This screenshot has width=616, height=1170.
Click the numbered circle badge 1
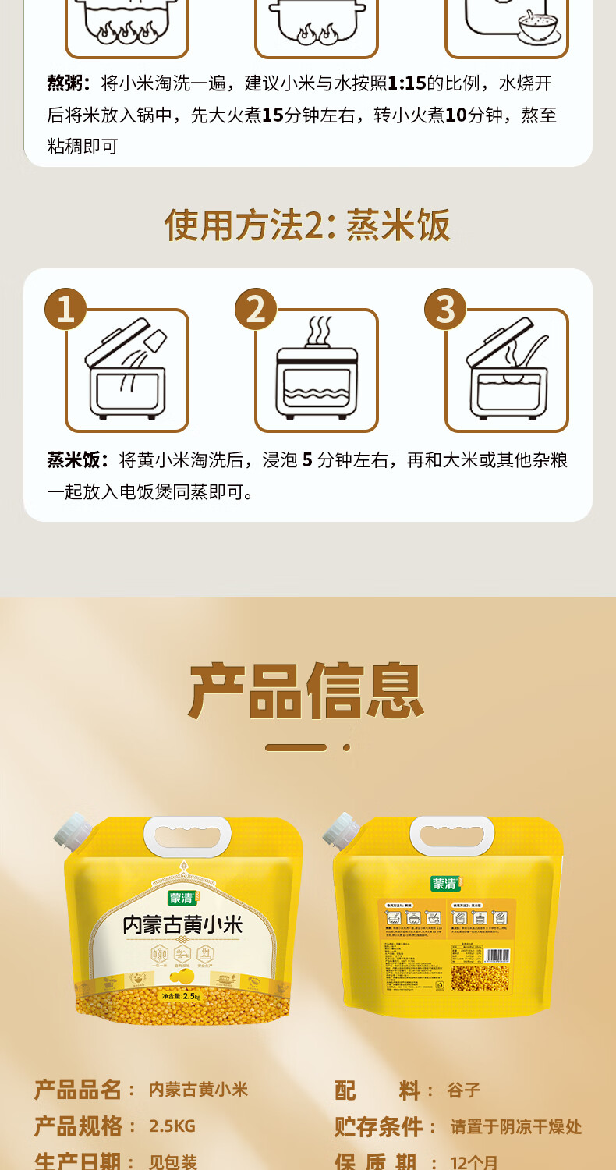click(x=65, y=309)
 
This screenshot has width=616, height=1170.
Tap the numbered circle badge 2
click(x=256, y=309)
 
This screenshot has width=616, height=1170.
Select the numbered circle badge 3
click(x=445, y=309)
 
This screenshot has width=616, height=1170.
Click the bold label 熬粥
click(x=69, y=83)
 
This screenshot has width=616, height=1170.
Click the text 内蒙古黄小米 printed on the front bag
click(x=183, y=925)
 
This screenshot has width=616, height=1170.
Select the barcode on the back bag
click(x=496, y=955)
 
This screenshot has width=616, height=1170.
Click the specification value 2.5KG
click(x=172, y=1126)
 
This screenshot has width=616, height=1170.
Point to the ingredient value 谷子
click(x=464, y=1090)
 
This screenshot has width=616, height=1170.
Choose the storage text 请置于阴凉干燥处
click(x=516, y=1126)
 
